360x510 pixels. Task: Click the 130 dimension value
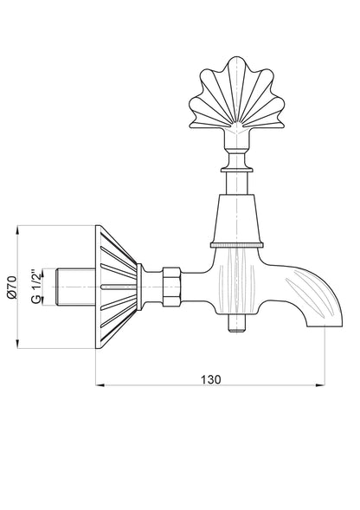(211, 379)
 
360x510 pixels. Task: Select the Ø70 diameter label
(12, 287)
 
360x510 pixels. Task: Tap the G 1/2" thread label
(36, 287)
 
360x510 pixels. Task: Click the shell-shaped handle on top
(237, 93)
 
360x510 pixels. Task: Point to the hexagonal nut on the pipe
(171, 287)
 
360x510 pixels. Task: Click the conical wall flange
(116, 287)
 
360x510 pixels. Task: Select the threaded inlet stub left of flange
(76, 287)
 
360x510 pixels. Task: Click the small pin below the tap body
(236, 323)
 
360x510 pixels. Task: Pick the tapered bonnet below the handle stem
(236, 218)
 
